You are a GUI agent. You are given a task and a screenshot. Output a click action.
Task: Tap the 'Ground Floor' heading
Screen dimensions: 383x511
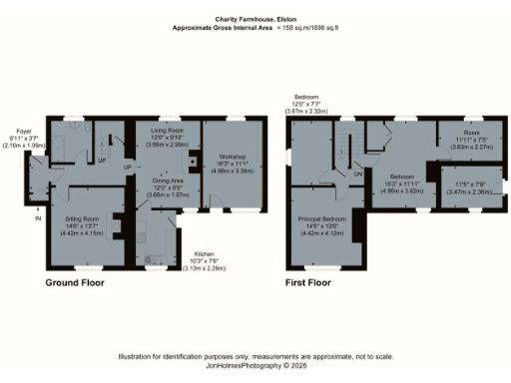tap(75, 282)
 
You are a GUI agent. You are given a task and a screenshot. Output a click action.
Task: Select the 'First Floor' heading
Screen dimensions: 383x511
tap(307, 282)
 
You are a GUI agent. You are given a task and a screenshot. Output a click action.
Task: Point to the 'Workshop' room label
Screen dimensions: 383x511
tap(232, 157)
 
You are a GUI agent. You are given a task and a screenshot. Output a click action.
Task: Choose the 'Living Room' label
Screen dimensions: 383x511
tap(168, 131)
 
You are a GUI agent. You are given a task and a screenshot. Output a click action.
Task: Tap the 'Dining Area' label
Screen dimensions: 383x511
tap(167, 181)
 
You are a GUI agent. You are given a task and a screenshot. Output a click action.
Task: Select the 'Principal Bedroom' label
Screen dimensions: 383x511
tap(328, 218)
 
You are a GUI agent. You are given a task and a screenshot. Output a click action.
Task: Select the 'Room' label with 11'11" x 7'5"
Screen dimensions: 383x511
tap(470, 133)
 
